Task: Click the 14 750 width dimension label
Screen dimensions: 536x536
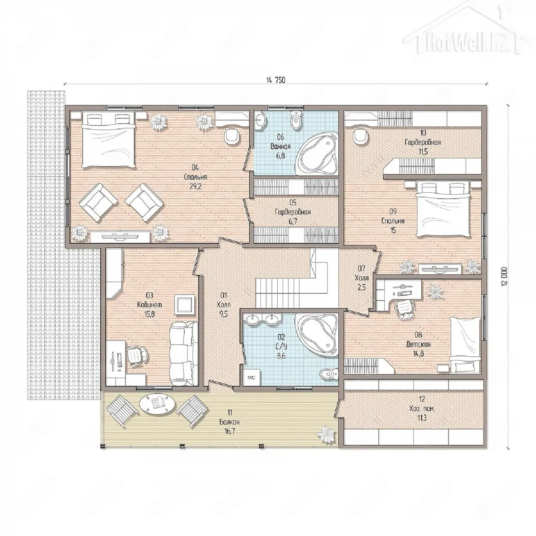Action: [x=276, y=80]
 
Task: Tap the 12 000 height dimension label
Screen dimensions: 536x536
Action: [x=505, y=276]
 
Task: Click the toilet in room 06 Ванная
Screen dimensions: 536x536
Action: [x=296, y=120]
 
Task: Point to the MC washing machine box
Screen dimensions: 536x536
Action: [x=251, y=377]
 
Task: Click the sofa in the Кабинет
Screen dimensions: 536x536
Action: [x=184, y=353]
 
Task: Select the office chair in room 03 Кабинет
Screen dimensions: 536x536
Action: [x=137, y=355]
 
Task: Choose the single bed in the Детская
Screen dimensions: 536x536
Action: [x=465, y=345]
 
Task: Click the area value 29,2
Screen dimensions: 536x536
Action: [x=196, y=186]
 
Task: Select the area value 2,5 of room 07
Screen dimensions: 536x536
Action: [x=362, y=287]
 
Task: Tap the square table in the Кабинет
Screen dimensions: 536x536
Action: [x=184, y=305]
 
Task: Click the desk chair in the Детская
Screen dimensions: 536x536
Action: [x=405, y=309]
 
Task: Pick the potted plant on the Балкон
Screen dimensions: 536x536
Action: [x=327, y=438]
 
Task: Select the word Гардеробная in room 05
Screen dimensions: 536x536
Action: [x=293, y=212]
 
